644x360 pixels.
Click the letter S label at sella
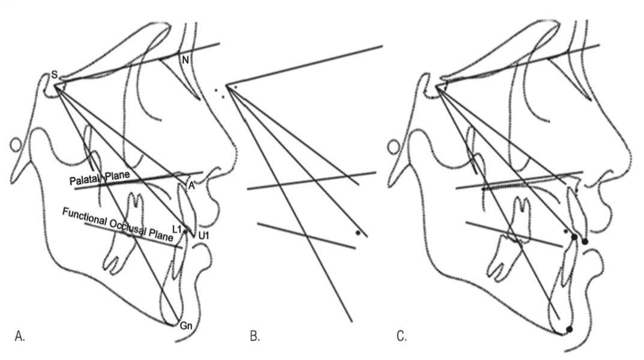(54, 75)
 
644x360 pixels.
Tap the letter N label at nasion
(185, 61)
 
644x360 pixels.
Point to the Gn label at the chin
(186, 326)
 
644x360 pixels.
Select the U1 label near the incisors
(203, 236)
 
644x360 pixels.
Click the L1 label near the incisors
(177, 229)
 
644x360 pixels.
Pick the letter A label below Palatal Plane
(191, 185)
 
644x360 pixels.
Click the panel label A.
(20, 336)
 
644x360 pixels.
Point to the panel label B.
(254, 336)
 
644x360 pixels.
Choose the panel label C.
(402, 336)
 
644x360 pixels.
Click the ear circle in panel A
(16, 145)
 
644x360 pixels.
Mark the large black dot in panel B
(358, 233)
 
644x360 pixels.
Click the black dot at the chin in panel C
(569, 329)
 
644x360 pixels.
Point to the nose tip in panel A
(235, 155)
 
